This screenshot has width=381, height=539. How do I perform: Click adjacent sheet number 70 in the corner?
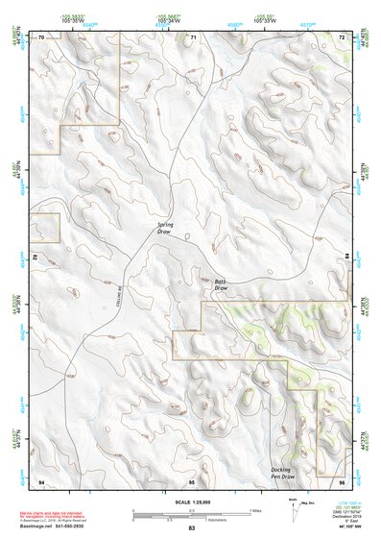[40, 37]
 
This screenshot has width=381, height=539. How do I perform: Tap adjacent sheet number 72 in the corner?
[342, 37]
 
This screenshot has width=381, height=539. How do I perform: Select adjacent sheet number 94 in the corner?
[40, 479]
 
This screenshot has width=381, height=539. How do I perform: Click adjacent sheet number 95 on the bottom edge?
[192, 479]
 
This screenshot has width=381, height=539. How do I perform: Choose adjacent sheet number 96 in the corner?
[342, 479]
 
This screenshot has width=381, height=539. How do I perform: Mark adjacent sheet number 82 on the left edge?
[36, 257]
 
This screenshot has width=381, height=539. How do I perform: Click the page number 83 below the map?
[192, 529]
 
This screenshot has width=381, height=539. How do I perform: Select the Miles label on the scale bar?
[255, 510]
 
